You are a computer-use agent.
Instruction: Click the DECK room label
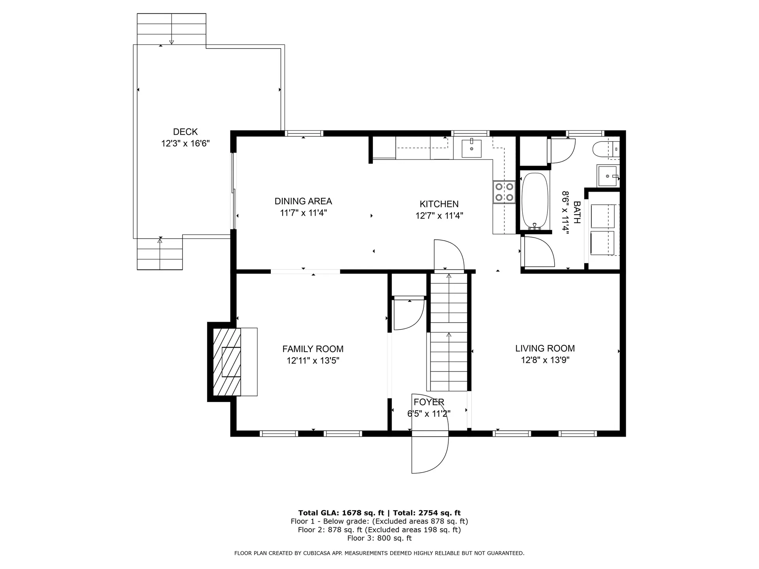point(185,132)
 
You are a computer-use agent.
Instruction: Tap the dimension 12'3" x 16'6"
point(185,143)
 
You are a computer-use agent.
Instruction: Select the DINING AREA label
point(303,201)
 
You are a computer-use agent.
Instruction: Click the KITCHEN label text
point(439,204)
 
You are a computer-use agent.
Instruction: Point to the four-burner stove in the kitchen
point(504,192)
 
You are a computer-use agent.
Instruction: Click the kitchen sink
point(472,148)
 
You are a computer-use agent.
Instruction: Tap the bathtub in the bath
point(535,201)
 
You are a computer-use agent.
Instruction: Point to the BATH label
point(577,213)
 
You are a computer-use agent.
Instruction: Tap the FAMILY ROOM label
point(313,349)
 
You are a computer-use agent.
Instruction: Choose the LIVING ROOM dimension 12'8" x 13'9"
point(545,360)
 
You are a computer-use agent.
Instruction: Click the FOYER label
point(429,402)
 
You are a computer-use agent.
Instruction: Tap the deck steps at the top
point(171,29)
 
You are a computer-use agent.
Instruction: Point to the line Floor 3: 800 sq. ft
point(379,538)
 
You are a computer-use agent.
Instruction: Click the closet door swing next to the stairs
point(407,314)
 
